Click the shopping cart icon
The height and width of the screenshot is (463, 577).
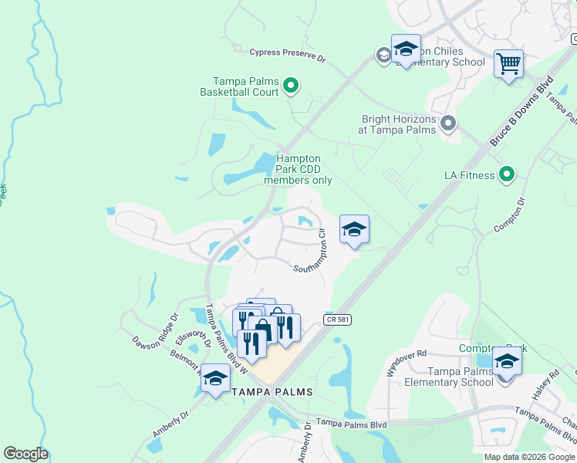509,64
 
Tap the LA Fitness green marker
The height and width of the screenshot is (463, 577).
507,175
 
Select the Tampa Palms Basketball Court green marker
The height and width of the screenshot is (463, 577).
291,86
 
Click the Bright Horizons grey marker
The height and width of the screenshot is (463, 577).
448,123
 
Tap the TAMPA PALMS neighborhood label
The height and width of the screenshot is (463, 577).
272,392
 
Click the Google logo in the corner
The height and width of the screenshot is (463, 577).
25,454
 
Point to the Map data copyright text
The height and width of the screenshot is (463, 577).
530,457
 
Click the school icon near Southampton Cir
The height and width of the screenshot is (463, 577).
354,229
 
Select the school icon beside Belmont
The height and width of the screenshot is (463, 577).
215,379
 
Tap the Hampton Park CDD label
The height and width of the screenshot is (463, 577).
299,169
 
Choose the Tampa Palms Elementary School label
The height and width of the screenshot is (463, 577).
450,377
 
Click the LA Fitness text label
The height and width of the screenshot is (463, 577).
470,175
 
